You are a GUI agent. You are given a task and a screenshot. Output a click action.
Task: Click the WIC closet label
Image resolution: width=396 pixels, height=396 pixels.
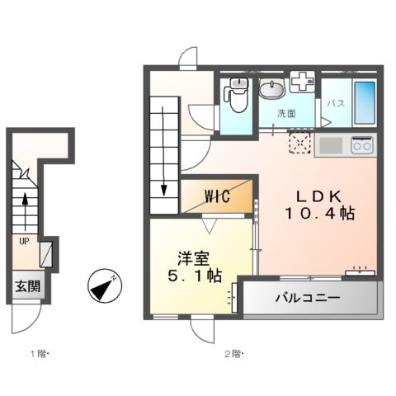coord(218,196)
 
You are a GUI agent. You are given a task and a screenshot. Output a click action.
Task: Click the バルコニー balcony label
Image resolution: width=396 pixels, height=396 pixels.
coord(308,297)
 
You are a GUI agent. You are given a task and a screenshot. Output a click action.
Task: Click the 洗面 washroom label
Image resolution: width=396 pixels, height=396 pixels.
coord(285,112)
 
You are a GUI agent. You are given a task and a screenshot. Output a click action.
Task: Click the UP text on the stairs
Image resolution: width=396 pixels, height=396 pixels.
coord(25,242)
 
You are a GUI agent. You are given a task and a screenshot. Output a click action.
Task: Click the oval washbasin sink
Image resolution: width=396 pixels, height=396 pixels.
coord(271,88)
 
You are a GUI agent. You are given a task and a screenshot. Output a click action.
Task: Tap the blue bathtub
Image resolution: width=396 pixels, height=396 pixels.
coord(364,101)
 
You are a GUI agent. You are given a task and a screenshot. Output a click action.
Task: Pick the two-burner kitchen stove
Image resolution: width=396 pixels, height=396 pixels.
coord(361,145)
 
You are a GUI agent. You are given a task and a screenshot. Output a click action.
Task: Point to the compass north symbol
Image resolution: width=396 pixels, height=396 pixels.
coord(103,285)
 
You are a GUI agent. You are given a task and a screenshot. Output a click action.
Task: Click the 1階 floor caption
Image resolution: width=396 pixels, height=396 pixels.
coord(40,355)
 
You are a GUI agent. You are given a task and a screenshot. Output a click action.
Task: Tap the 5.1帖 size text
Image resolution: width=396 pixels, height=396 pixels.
coord(191,276)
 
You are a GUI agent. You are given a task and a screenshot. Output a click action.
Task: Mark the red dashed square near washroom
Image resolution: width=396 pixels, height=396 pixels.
coord(299,144)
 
